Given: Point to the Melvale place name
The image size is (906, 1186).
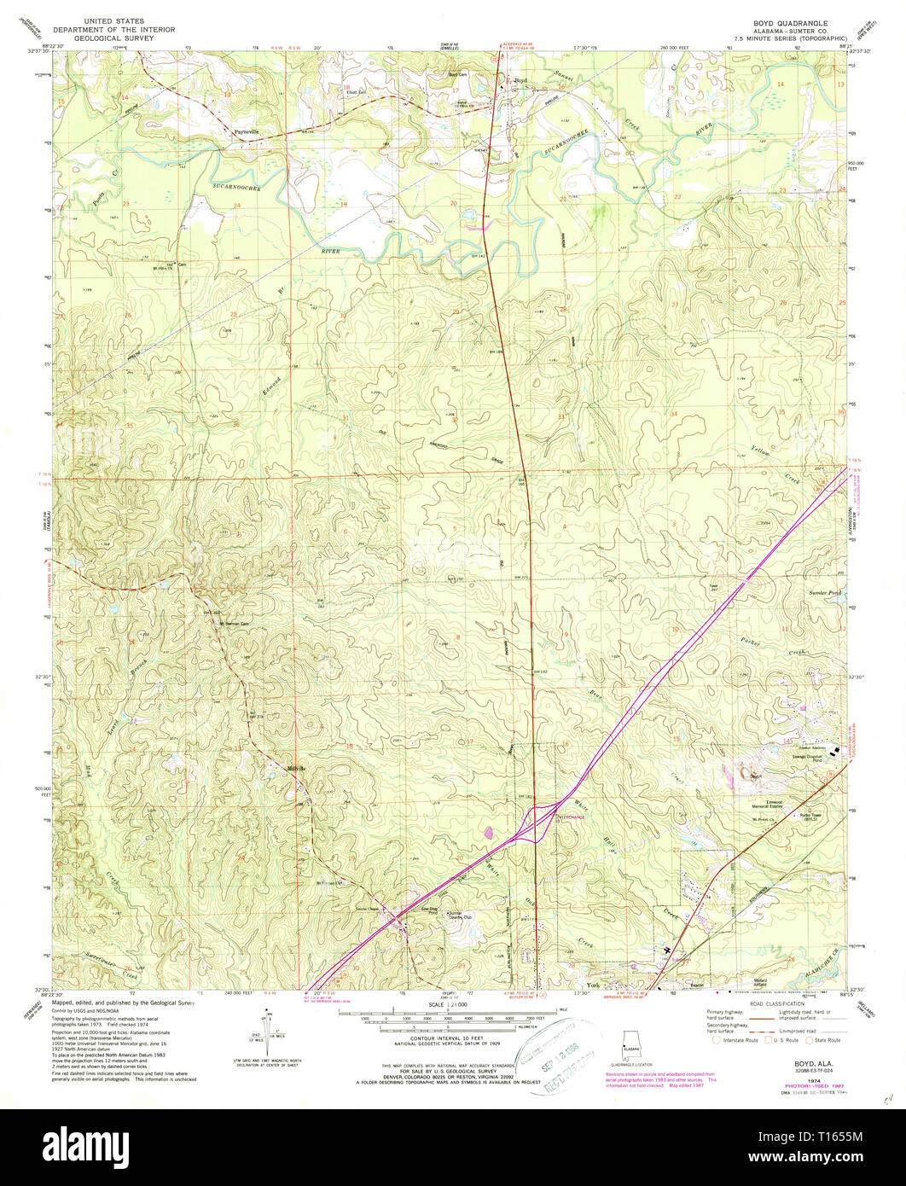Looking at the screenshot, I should (296, 768).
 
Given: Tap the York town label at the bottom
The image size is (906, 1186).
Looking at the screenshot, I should (595, 985).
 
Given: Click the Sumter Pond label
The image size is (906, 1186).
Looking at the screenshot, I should (824, 592).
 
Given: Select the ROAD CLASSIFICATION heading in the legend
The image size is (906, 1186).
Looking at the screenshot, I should (775, 1004).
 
